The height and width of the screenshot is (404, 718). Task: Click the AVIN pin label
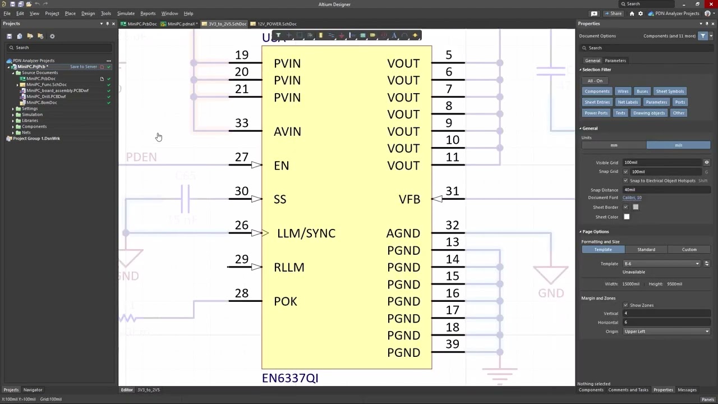[287, 131]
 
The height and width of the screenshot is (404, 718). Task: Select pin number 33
[242, 123]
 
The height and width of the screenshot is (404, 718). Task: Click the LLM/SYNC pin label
[306, 233]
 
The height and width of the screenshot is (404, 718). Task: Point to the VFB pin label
[409, 199]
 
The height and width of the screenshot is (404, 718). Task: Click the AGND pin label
[403, 233]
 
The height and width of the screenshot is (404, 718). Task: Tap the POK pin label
[285, 301]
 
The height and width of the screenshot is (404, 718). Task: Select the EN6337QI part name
[290, 378]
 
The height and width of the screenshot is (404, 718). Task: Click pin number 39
[452, 344]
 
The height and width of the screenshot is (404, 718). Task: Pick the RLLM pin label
[289, 268]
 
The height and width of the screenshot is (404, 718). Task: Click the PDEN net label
[141, 157]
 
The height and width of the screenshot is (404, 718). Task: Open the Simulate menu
[126, 13]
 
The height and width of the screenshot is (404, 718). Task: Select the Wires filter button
[623, 91]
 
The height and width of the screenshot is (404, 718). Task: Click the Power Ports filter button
[596, 113]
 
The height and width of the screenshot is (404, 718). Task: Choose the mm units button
[614, 145]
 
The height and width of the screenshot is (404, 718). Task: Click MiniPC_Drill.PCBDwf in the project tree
[46, 97]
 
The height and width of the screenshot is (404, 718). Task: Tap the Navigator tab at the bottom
[33, 390]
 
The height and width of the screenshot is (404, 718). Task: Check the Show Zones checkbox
[626, 305]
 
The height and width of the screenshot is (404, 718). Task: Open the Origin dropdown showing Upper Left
[666, 332]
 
